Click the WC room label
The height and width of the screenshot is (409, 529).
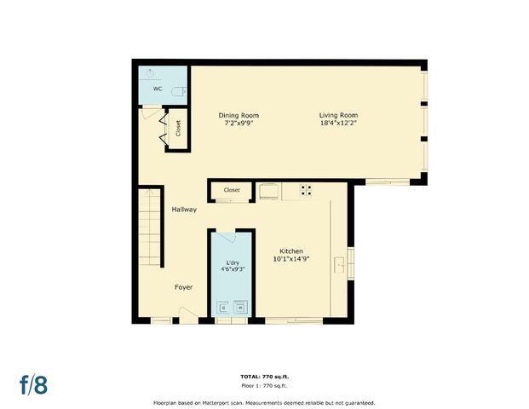point(158,89)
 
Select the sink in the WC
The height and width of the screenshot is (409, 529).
point(150,72)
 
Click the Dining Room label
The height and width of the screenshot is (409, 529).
point(239,116)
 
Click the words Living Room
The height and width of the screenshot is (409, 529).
point(338,116)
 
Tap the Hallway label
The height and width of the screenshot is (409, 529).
point(184,210)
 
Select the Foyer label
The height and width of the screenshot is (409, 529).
point(184,287)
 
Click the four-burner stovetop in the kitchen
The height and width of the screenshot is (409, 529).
point(306,191)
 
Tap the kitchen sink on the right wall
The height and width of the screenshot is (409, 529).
point(341,266)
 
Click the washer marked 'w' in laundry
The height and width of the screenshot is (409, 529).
point(241,307)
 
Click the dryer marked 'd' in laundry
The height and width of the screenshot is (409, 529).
point(224,307)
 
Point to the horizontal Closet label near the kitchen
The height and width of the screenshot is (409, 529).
point(232,190)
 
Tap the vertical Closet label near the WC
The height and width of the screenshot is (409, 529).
point(178,129)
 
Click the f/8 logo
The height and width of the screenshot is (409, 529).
point(34,383)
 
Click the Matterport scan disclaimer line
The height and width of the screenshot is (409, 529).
point(263,402)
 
